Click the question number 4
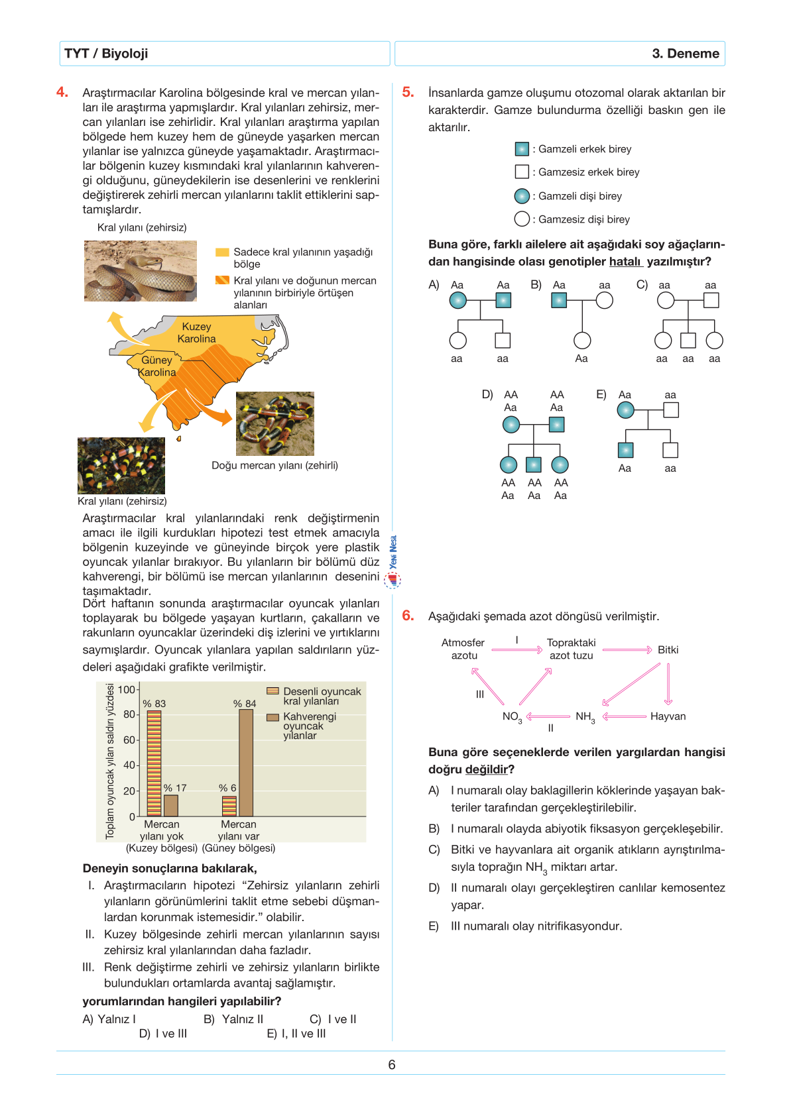pos(62,92)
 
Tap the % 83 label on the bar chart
pos(154,703)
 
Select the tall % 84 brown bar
pos(246,762)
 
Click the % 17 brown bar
pos(171,805)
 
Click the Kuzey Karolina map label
pos(196,333)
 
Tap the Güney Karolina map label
pos(157,366)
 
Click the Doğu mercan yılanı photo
pos(274,423)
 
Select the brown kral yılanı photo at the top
pos(141,270)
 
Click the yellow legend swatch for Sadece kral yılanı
pos(222,252)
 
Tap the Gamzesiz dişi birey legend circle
pos(522,219)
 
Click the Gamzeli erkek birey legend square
pos(522,149)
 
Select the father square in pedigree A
pos(503,300)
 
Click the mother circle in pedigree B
pos(604,300)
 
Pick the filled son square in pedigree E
pos(625,450)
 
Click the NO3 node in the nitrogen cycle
pos(512,716)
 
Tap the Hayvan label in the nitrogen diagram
pos(668,716)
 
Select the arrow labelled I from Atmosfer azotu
pos(517,650)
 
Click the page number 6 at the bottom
pos(392,1064)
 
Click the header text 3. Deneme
pos(685,54)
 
